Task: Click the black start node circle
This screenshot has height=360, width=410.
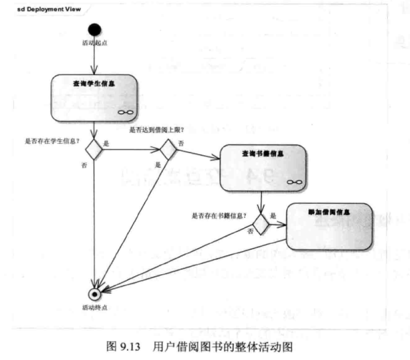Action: (94, 29)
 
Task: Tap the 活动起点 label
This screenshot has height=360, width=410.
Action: (94, 43)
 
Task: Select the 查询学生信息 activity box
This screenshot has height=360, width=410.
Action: (94, 97)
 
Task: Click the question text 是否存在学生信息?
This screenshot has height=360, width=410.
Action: (52, 142)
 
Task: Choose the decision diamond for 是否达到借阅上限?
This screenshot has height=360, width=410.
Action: (168, 149)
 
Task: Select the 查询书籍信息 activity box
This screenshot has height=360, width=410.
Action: (263, 168)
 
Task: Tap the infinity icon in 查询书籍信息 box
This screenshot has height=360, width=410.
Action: (295, 182)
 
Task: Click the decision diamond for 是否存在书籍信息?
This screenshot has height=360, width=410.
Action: (261, 223)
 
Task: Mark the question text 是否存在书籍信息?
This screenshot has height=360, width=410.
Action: (219, 215)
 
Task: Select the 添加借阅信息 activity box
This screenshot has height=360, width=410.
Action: (329, 226)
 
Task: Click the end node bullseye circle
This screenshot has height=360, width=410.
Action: (94, 294)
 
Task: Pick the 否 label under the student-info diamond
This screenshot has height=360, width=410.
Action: (84, 166)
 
